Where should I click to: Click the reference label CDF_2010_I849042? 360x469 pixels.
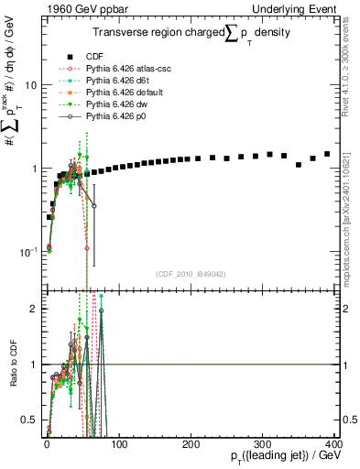(190, 274)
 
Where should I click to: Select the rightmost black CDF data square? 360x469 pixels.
(327, 154)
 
